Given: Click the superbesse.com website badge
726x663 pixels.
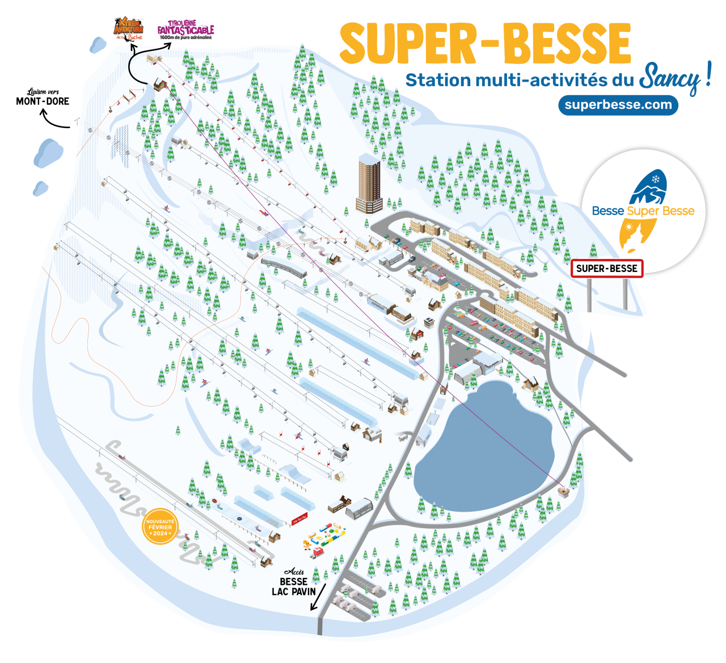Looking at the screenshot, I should pos(618,105).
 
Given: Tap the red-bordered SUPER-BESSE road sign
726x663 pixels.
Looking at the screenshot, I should pos(607,269).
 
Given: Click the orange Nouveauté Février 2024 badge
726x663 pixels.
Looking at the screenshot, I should pos(160,528).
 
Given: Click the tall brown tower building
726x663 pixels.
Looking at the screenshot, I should pos(369,185).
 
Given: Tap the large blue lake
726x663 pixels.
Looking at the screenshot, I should pos(485,445).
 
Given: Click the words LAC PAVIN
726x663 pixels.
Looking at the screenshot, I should pos(294,592).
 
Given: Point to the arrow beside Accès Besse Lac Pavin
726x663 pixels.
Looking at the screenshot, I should pos(319,597).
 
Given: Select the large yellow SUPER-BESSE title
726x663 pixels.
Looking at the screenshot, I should pos(485,44).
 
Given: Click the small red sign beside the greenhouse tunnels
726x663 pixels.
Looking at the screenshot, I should pos(299,518).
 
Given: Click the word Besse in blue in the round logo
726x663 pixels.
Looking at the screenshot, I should pos(608,211).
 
